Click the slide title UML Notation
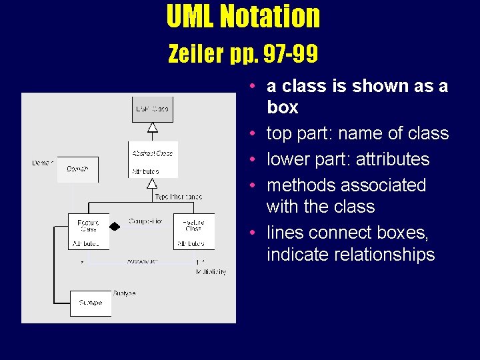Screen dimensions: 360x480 coord(243,17)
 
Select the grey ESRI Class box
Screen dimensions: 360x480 coord(152,109)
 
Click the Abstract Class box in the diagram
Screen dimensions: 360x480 coord(153,159)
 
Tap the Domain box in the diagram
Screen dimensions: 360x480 coord(77,169)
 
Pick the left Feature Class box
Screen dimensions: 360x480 coord(88,231)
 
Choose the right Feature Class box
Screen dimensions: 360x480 coord(193,231)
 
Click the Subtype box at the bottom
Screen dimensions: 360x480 coord(91,303)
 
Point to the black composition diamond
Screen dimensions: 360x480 coord(115,226)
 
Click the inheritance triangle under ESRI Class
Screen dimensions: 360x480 coord(153,127)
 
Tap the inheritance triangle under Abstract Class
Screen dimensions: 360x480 coord(153,183)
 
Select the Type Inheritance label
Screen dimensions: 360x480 coord(178,197)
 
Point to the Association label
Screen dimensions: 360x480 coord(143,261)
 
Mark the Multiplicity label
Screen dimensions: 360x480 coord(211,272)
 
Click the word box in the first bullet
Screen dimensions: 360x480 coord(283,107)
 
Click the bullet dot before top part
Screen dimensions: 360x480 coord(256,133)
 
